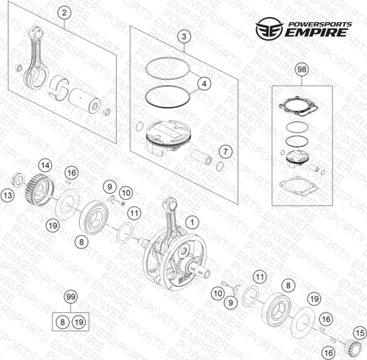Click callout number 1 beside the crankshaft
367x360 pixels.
click(192, 223)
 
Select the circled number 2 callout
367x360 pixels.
click(64, 13)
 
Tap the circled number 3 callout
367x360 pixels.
click(184, 37)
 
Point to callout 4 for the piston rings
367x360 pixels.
click(204, 84)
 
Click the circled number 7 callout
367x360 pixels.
click(225, 151)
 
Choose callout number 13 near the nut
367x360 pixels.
click(8, 195)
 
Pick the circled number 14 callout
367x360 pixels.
click(45, 165)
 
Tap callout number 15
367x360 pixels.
click(360, 333)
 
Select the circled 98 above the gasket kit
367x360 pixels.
click(302, 69)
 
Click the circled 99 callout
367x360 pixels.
click(71, 297)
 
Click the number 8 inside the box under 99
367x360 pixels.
click(62, 322)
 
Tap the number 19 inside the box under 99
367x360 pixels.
click(79, 322)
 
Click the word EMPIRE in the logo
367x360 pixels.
click(315, 33)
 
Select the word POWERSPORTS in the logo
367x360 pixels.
click(320, 25)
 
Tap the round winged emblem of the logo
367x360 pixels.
click(269, 28)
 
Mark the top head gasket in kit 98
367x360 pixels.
click(299, 106)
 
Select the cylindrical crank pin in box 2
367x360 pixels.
click(85, 101)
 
